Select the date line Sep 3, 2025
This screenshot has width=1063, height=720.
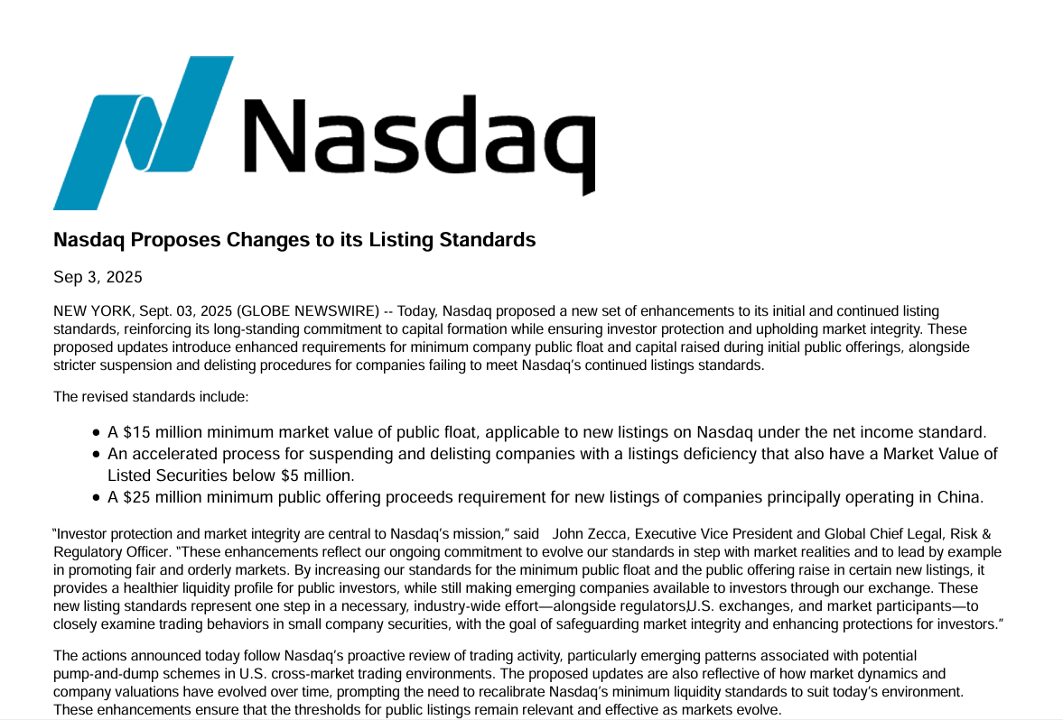98,277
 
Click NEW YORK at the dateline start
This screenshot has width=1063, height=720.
91,311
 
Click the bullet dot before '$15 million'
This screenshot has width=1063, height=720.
97,433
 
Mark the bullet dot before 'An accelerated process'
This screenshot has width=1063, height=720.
97,455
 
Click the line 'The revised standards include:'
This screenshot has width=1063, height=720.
151,396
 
